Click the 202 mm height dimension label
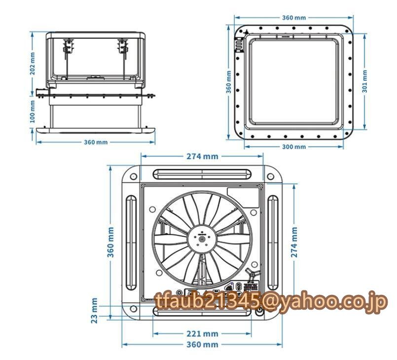(x=33, y=64)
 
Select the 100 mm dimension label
(x=33, y=111)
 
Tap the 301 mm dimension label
(x=365, y=81)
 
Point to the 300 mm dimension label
(x=294, y=146)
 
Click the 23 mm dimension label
(x=94, y=311)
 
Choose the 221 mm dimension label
(x=202, y=334)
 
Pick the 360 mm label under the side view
(x=96, y=143)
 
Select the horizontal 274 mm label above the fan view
(x=202, y=156)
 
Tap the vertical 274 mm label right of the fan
(x=294, y=242)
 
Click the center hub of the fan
(x=202, y=239)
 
